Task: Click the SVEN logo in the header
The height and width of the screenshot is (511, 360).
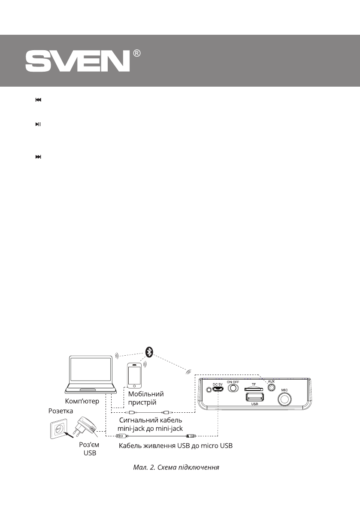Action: tap(77, 62)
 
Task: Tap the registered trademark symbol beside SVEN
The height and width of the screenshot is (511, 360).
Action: tap(137, 54)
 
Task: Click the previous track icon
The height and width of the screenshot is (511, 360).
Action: tap(38, 100)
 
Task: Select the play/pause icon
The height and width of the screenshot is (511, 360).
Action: tap(38, 124)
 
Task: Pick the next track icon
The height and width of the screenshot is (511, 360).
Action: tap(38, 157)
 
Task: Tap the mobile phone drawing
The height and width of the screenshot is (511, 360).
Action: tap(134, 375)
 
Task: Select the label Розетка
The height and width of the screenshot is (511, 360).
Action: tap(61, 411)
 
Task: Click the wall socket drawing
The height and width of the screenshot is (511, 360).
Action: tap(57, 430)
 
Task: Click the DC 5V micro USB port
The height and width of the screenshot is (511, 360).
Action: tap(218, 390)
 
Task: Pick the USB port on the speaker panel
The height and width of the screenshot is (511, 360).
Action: tap(254, 397)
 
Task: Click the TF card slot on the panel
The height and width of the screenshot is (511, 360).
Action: tap(254, 388)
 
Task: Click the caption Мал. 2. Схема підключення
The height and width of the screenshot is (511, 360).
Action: tap(176, 467)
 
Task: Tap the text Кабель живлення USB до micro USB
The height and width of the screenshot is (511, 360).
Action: tap(175, 446)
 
